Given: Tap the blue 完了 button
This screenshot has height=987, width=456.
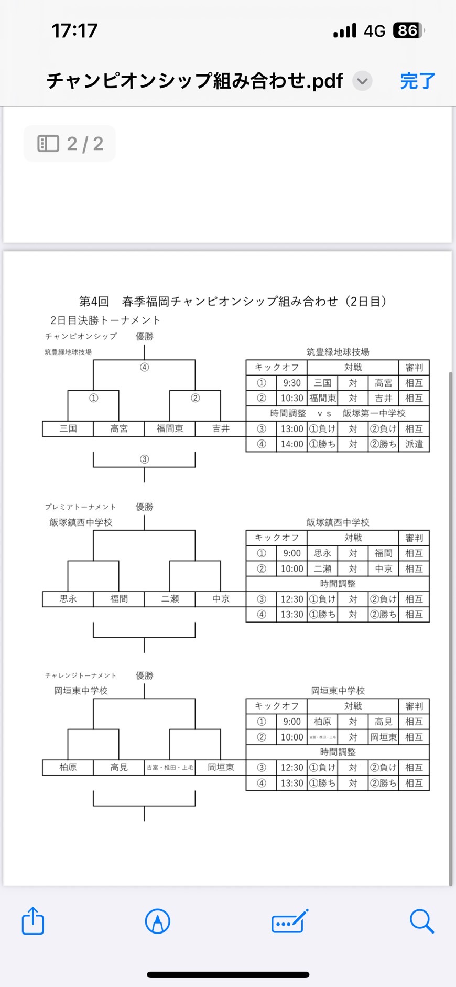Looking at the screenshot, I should [x=417, y=81].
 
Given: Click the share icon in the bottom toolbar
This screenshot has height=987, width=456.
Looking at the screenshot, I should [x=32, y=920].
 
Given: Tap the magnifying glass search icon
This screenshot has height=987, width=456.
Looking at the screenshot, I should [x=421, y=921].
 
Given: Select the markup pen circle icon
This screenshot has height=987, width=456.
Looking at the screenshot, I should [x=157, y=921].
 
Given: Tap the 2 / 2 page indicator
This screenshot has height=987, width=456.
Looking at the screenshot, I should [x=70, y=144].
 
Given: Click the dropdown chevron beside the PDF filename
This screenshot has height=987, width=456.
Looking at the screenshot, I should [x=362, y=81].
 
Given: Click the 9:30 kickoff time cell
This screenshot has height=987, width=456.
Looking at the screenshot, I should [x=292, y=383].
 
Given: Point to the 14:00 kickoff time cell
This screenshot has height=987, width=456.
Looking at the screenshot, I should [x=292, y=444].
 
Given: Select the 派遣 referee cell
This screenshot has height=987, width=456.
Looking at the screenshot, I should [x=414, y=444].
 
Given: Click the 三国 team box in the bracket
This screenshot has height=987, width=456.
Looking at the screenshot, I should [x=68, y=428].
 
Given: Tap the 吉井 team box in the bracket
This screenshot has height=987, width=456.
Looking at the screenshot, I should [x=221, y=428].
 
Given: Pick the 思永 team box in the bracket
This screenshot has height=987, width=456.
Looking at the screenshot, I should [x=68, y=599].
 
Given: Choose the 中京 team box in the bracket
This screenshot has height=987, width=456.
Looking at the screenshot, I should [x=221, y=599].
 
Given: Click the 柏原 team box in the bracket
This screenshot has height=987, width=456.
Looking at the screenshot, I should [x=68, y=767].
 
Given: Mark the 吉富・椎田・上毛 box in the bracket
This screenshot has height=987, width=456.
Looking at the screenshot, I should [x=170, y=768].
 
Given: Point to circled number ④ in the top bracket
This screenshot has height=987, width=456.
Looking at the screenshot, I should [x=144, y=367].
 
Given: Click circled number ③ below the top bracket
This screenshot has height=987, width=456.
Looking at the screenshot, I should [x=144, y=459].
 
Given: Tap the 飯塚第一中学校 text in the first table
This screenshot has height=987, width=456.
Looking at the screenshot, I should [x=374, y=413].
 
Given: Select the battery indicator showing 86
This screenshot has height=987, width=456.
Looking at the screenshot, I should [x=408, y=31].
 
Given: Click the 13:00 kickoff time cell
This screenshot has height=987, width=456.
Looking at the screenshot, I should [x=292, y=429].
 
